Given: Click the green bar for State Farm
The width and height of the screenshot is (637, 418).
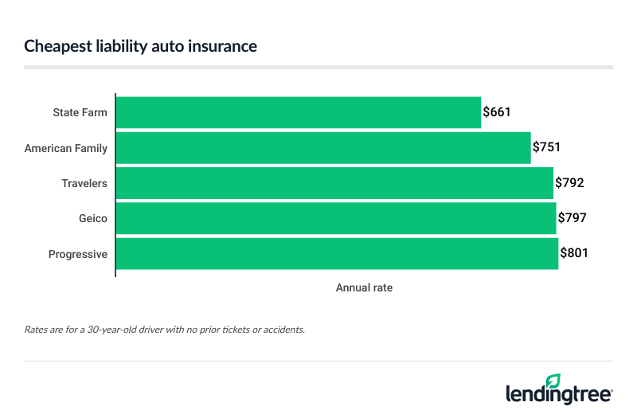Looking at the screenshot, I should click(x=299, y=112).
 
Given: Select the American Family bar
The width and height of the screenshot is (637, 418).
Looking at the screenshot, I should click(x=323, y=148).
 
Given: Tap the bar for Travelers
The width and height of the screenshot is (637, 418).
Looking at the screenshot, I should click(x=334, y=183).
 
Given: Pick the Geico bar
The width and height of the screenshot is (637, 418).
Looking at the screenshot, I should click(x=336, y=218).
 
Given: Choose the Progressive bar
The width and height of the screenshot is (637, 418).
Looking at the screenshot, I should click(x=337, y=254).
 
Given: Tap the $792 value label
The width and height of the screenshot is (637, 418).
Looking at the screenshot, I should click(x=569, y=183).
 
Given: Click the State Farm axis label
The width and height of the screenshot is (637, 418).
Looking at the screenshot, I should click(x=80, y=112).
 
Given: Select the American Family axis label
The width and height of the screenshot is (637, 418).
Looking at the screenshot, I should click(x=66, y=148).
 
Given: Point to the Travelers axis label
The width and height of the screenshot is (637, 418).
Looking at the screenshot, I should click(x=84, y=183).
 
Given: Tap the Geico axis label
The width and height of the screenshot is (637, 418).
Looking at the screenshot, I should click(x=93, y=218).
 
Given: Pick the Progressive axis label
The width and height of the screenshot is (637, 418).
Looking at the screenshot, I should click(x=78, y=254).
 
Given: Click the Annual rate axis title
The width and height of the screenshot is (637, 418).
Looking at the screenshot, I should click(x=364, y=287).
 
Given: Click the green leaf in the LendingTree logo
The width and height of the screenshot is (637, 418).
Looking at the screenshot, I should click(x=553, y=381).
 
